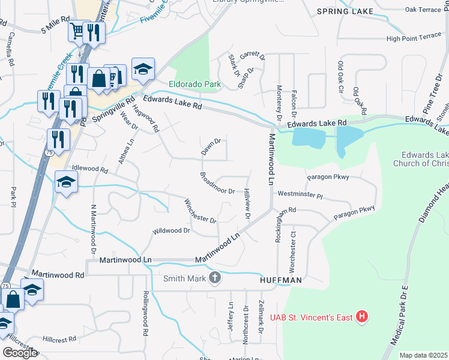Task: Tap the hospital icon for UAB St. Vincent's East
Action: tap(361, 316)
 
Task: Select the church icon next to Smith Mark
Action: tap(215, 277)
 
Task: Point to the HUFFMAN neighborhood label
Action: tap(280, 280)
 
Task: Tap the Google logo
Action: tap(20, 353)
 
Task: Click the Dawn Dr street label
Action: tap(211, 147)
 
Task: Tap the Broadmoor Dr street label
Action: tap(217, 184)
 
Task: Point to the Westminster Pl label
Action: tap(300, 196)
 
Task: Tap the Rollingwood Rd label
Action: tap(145, 313)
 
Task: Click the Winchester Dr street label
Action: tap(200, 211)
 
